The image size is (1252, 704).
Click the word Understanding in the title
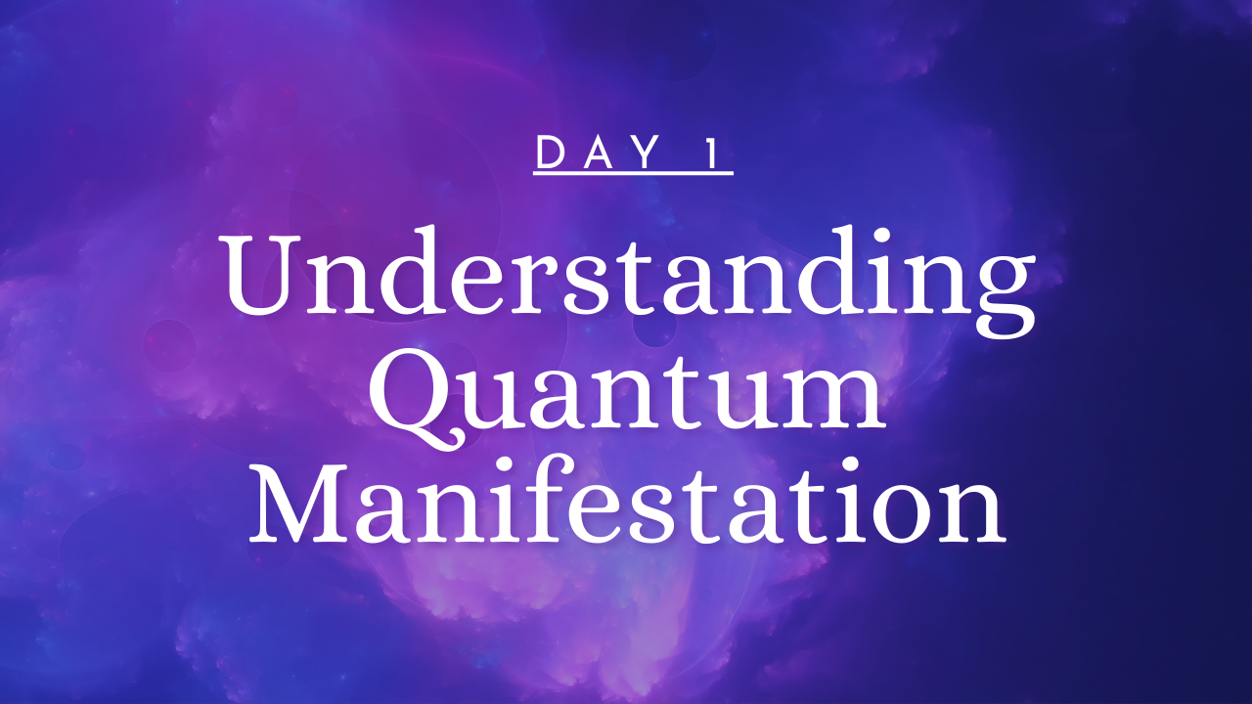(628, 281)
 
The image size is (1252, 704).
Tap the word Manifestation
(627, 502)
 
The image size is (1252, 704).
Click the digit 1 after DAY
(713, 152)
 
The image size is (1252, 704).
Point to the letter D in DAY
(551, 153)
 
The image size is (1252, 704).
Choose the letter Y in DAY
(648, 153)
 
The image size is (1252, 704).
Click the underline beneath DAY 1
(633, 173)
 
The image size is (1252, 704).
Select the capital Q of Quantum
(417, 400)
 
